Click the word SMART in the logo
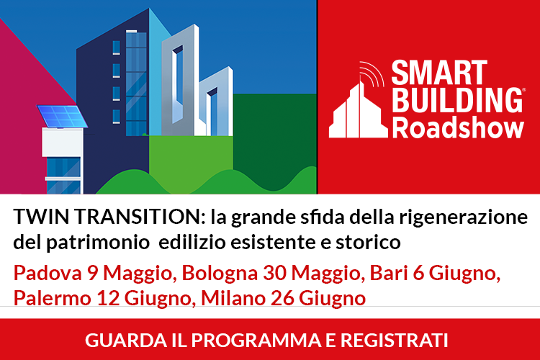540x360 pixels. pos(439,72)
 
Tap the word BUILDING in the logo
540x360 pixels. pos(457,100)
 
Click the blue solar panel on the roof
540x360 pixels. pos(62,116)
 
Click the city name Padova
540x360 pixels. pos(48,273)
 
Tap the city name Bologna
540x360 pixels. pos(220,274)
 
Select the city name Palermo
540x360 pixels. pos(52,298)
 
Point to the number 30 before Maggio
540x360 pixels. pos(275,273)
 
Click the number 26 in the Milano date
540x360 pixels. pos(282,298)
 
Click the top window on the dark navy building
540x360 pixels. pos(117,48)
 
